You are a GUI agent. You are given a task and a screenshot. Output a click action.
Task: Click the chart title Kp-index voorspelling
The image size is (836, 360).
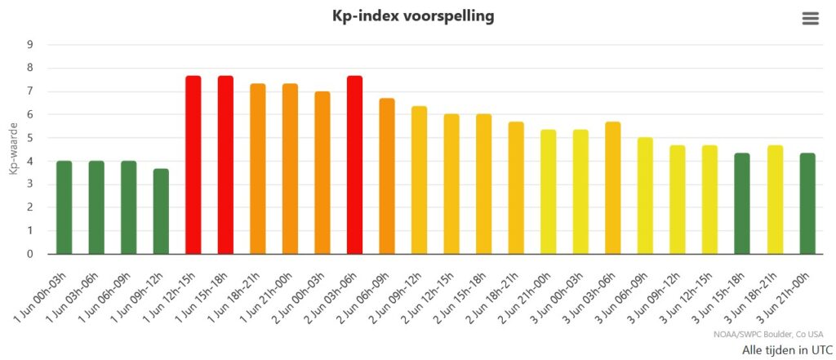click(x=413, y=16)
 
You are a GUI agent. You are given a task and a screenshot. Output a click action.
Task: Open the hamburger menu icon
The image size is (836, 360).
click(x=810, y=19)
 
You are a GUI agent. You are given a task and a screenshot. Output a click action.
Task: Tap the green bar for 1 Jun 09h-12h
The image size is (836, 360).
click(x=161, y=211)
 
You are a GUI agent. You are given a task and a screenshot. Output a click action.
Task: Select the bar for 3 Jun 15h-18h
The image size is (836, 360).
click(x=741, y=203)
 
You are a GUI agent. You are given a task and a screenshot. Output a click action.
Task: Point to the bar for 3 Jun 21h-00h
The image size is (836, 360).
click(x=806, y=203)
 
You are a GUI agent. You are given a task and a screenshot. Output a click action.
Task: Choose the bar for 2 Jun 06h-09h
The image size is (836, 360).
click(x=387, y=176)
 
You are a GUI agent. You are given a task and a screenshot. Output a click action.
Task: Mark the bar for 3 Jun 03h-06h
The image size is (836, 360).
click(x=612, y=188)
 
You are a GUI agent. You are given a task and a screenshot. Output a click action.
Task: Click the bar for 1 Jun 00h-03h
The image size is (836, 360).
click(x=64, y=207)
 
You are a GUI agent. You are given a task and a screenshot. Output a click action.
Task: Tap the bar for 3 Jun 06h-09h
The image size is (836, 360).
click(x=645, y=196)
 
